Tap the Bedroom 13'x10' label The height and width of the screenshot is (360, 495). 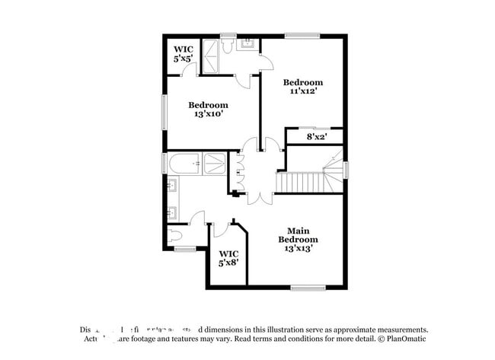tap(208, 110)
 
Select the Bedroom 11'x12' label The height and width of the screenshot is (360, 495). tap(302, 87)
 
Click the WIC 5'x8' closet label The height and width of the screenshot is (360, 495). tap(228, 258)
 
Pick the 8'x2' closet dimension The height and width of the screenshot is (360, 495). tap(317, 138)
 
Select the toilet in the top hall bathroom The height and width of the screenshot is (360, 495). tap(228, 46)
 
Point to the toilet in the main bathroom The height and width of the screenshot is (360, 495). tap(174, 234)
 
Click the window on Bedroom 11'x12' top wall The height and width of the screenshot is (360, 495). tap(302, 35)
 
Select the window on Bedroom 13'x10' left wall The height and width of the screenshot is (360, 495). tap(164, 110)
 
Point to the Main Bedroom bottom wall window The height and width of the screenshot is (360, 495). tap(308, 288)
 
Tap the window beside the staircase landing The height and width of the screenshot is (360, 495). tap(346, 169)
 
